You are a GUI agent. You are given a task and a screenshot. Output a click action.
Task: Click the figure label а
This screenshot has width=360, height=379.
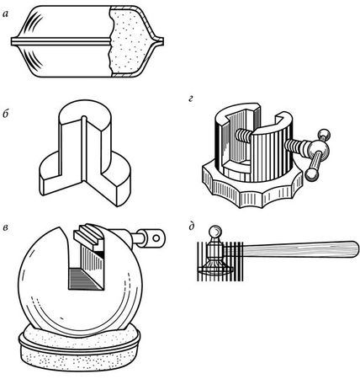tap(5, 14)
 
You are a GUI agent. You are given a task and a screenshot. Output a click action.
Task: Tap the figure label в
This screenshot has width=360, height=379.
tap(5, 227)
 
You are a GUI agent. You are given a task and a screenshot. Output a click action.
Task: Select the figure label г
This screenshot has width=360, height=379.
tap(191, 99)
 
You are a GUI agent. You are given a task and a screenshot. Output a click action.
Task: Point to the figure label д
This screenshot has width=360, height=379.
tap(192, 227)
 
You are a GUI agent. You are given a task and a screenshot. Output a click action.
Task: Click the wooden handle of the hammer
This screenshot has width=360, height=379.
tap(300, 248)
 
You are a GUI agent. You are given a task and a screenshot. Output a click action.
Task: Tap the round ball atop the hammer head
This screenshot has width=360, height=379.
tap(216, 232)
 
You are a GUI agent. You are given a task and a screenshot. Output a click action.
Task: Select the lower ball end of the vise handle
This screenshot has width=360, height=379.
tap(311, 174)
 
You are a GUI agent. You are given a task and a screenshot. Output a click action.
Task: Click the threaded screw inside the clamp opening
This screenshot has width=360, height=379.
tap(245, 134)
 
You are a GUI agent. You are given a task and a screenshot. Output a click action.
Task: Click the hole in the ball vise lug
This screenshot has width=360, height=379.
tap(156, 238)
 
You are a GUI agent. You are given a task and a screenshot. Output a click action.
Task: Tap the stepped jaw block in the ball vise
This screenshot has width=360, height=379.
tap(90, 237)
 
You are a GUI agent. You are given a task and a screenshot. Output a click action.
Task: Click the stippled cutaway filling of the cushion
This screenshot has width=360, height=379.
tap(128, 42)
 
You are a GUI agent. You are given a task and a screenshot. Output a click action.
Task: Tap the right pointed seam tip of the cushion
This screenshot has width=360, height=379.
tap(162, 41)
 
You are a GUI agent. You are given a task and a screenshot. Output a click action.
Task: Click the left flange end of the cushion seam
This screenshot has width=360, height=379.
tap(12, 41)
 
